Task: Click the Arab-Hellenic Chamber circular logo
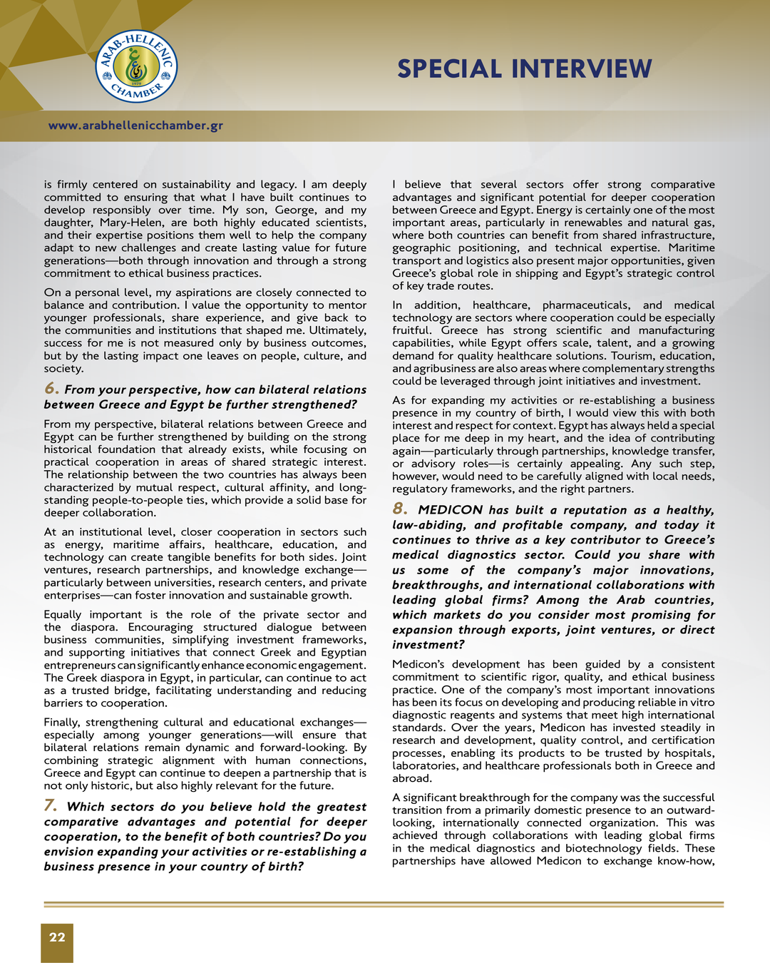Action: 136,66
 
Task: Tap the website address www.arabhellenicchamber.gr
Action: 135,126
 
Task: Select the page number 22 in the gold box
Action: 57,937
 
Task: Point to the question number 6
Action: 51,389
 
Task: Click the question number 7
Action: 51,806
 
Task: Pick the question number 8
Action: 400,509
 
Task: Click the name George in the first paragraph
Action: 295,210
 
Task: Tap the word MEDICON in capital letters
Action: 451,510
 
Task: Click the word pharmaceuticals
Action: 586,305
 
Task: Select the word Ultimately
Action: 337,330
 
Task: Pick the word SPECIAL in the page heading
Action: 450,69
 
